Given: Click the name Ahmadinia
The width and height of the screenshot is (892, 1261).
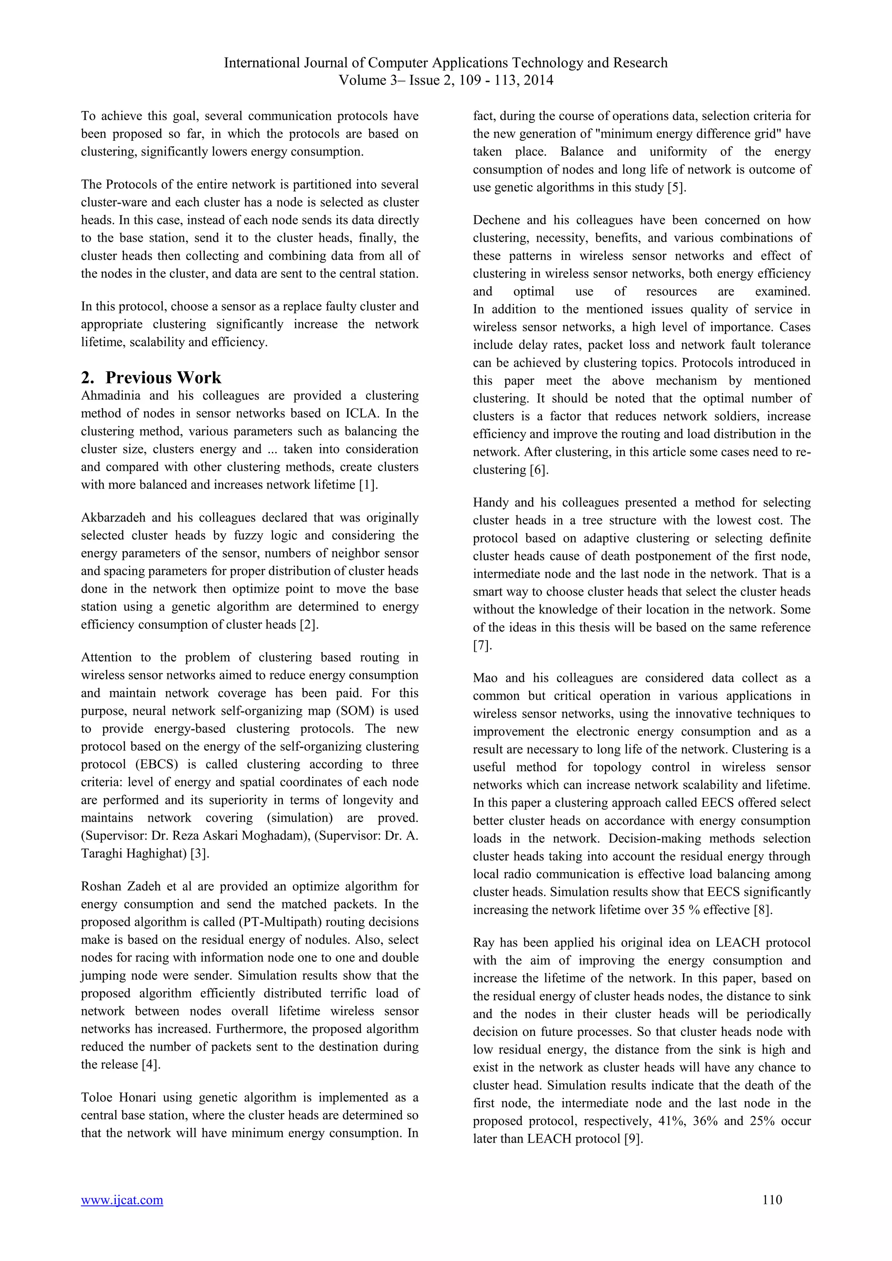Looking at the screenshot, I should point(110,396).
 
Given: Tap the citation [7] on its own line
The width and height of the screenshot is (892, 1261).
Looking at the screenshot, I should point(481,645).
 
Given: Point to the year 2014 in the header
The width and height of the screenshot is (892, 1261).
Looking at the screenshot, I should point(538,81).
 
